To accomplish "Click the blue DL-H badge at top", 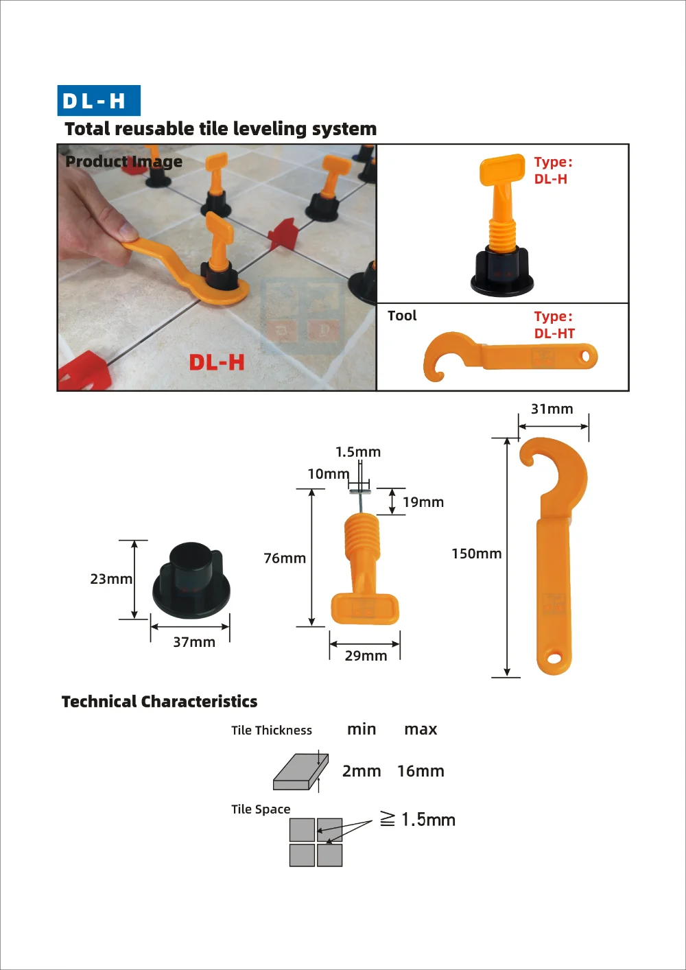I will (99, 101).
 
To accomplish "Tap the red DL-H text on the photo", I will (217, 362).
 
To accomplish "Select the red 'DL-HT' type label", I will (554, 333).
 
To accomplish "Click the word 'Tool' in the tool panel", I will (402, 316).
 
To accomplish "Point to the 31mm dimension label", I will (552, 409).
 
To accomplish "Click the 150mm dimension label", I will (476, 554).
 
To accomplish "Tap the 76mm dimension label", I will (285, 558).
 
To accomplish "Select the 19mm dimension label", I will (423, 502).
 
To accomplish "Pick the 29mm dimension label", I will (366, 656).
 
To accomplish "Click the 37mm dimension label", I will (193, 642).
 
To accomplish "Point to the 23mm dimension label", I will (111, 579).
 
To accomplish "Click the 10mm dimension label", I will (328, 474).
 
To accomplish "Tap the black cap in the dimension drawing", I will (191, 582).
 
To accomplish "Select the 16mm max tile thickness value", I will (421, 771).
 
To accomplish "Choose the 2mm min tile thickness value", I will (362, 771).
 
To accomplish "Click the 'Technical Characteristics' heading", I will (159, 702).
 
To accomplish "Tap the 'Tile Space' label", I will (261, 809).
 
